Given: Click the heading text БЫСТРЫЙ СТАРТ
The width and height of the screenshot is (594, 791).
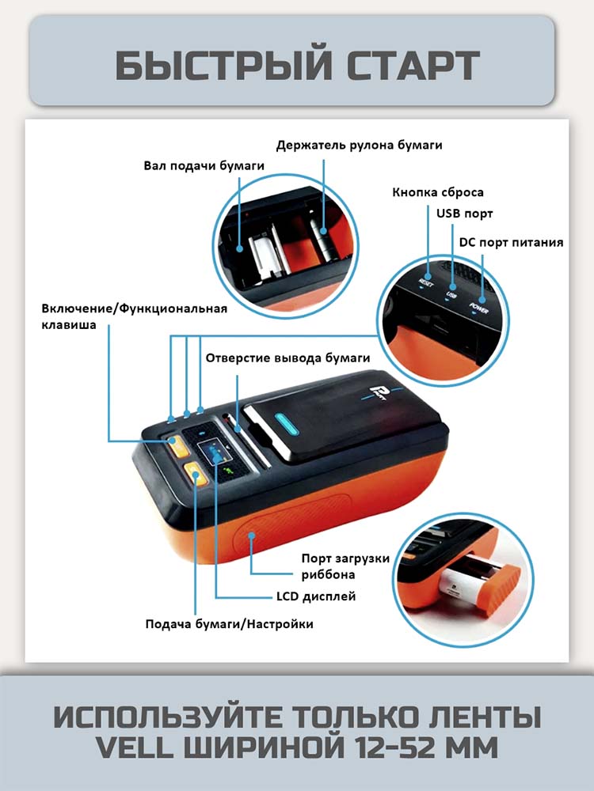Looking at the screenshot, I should (297, 66).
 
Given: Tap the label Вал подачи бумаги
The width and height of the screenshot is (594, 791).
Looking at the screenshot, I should (204, 166).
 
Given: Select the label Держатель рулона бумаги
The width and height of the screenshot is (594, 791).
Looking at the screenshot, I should (359, 145).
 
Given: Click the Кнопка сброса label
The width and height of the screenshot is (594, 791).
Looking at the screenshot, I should (438, 192).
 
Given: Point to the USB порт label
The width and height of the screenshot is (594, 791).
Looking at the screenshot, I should (464, 214).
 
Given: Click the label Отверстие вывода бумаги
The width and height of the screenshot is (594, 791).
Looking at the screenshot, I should (287, 358).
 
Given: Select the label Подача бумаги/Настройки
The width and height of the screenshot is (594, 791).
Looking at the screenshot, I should (229, 624).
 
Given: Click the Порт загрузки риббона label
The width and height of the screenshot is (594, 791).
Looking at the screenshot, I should (345, 566).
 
